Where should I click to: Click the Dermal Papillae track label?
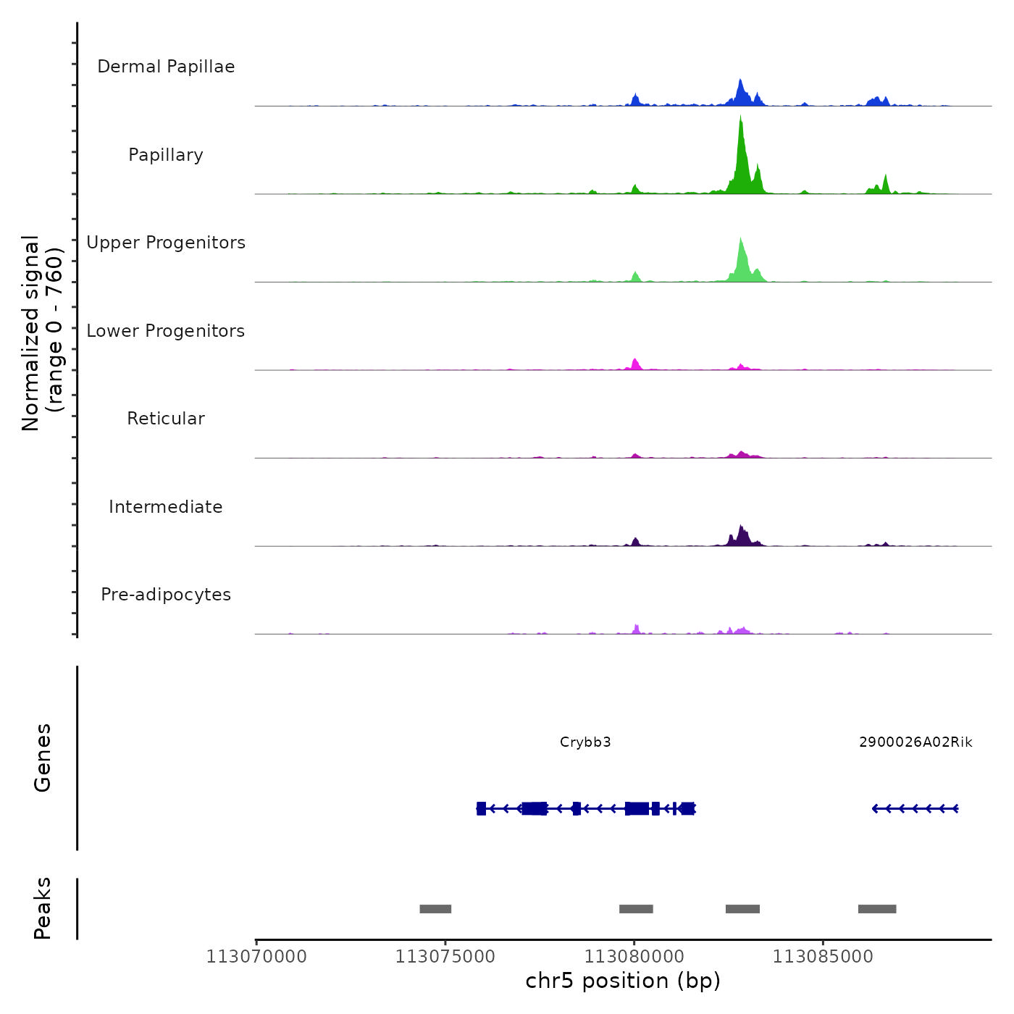coord(166,67)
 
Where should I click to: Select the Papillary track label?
coord(166,155)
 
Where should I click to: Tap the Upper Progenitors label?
coord(166,243)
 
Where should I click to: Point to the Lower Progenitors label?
coord(166,331)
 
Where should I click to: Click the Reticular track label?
coord(166,419)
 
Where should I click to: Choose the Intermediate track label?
coord(166,507)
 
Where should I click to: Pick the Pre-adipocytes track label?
coord(166,595)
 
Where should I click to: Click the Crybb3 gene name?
coord(585,742)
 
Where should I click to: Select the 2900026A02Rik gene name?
coord(915,742)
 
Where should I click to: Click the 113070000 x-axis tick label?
coord(256,957)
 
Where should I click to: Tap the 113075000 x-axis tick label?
coord(445,957)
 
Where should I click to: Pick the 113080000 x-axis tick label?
coord(634,957)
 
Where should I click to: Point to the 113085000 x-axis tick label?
coord(823,957)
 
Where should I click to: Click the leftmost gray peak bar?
coord(435,909)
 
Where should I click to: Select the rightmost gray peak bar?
coord(877,909)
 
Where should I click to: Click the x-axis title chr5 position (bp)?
coord(623,981)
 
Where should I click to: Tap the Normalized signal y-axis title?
coord(42,333)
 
